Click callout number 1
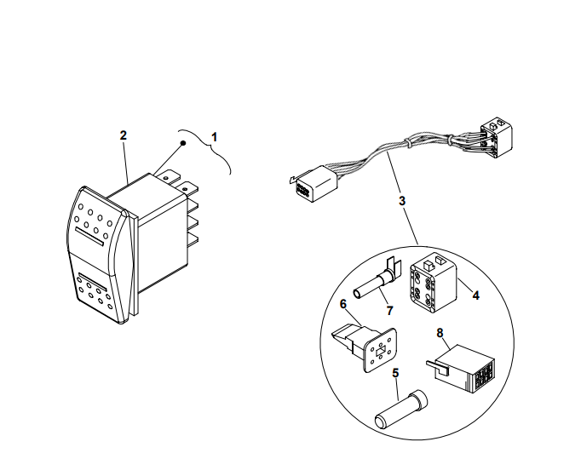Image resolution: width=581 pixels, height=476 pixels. click(x=215, y=135)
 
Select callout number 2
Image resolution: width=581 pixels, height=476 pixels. click(x=124, y=135)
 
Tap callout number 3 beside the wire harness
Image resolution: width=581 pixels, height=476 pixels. click(x=401, y=202)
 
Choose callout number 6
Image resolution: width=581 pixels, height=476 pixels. click(x=343, y=302)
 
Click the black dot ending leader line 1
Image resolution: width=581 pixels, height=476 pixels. click(x=183, y=146)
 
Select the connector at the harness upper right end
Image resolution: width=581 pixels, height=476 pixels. click(x=495, y=135)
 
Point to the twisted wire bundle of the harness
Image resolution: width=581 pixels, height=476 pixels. click(x=392, y=153)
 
